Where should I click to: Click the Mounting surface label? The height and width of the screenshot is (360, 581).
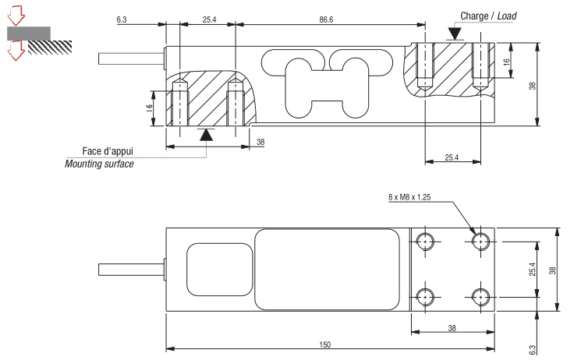(99, 164)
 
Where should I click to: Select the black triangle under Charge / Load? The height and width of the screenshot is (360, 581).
(454, 34)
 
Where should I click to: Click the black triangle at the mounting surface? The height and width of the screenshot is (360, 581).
(205, 135)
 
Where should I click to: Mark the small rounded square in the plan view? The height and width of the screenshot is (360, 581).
(219, 269)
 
